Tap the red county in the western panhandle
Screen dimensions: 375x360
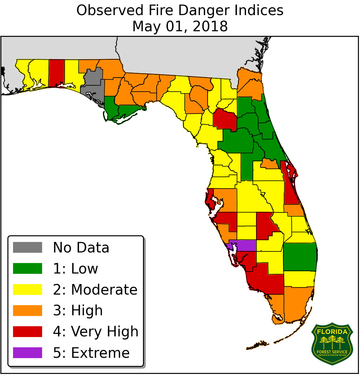click(x=57, y=72)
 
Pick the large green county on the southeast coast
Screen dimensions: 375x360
click(x=300, y=257)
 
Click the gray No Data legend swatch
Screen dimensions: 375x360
click(x=27, y=247)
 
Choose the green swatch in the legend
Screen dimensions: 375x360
click(x=27, y=268)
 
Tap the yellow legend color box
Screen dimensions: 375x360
click(x=27, y=289)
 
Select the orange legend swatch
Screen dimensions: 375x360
click(x=27, y=310)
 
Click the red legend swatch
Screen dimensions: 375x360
click(x=27, y=331)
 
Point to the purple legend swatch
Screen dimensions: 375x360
click(x=27, y=353)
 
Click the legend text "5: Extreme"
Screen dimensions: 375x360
click(x=91, y=353)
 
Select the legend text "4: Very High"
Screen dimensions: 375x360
click(x=96, y=331)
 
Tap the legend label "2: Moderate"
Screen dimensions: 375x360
click(x=95, y=290)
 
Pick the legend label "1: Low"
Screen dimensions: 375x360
click(x=75, y=269)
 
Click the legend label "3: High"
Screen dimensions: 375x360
click(x=78, y=311)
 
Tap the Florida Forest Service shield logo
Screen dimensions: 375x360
click(x=332, y=344)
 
